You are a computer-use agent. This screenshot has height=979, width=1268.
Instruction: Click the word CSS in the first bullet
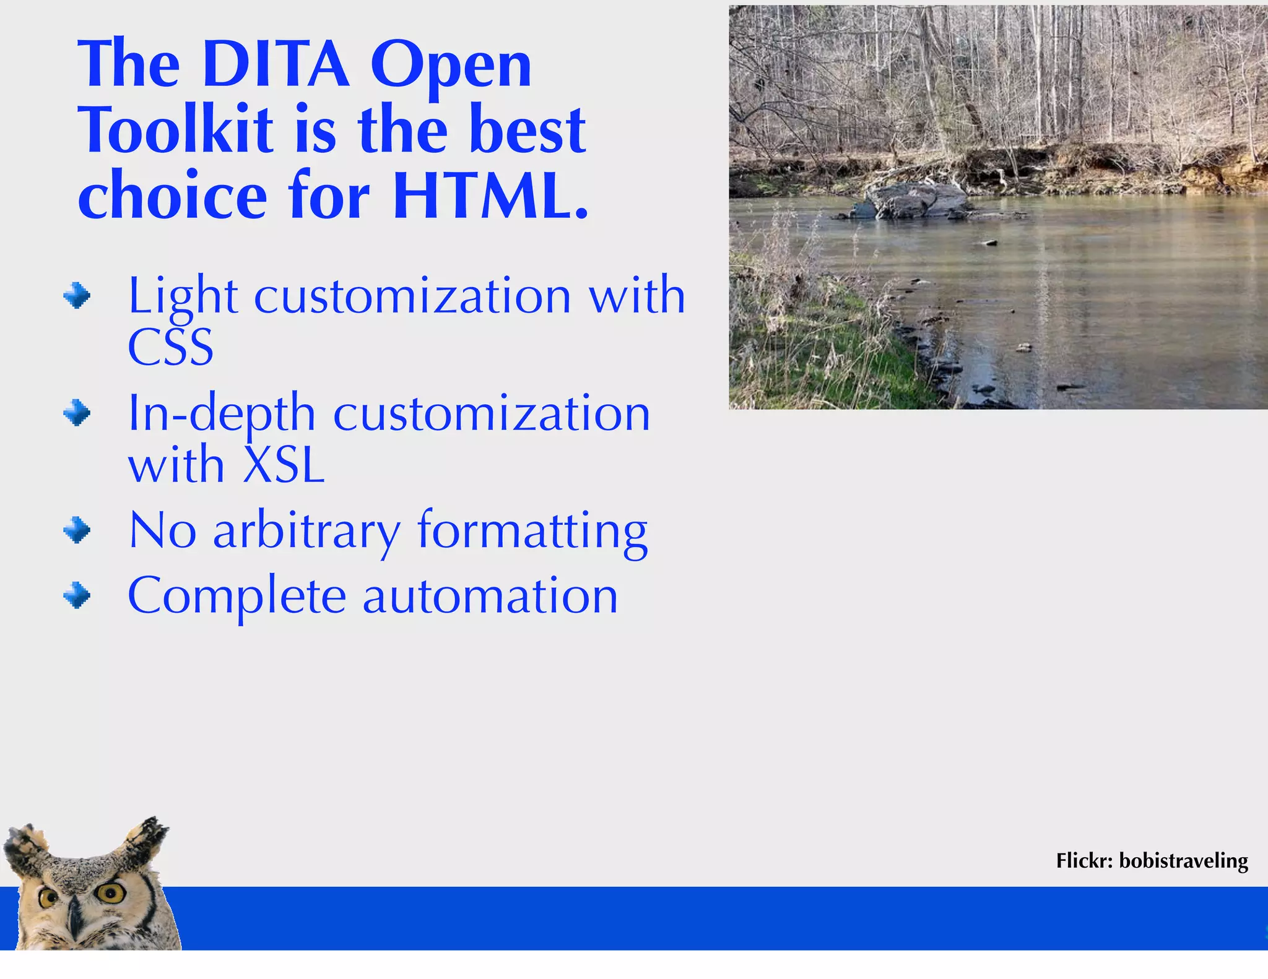coord(170,347)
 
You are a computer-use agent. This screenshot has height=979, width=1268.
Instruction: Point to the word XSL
coord(284,465)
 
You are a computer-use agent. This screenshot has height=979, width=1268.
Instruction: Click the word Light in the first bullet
coord(183,296)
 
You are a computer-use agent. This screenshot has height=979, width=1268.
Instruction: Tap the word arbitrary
coord(306,531)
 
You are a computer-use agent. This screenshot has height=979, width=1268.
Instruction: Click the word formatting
coord(532,531)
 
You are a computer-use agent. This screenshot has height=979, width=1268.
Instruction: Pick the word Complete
coord(237,596)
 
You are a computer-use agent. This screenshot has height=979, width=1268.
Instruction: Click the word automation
coord(490,596)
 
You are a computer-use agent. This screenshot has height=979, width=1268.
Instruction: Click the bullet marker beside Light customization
coord(77,295)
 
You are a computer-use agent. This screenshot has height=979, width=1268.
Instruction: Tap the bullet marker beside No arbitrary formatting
coord(77,530)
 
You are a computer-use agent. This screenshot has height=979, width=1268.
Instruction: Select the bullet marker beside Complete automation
coord(77,595)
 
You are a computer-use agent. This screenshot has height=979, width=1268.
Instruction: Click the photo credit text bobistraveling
coord(1183,861)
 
